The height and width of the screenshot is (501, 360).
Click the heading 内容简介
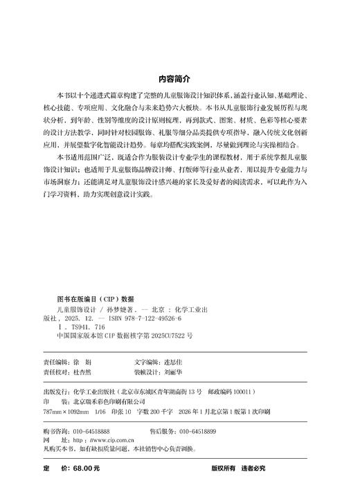[179, 80]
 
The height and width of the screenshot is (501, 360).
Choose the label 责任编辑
[56, 363]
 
